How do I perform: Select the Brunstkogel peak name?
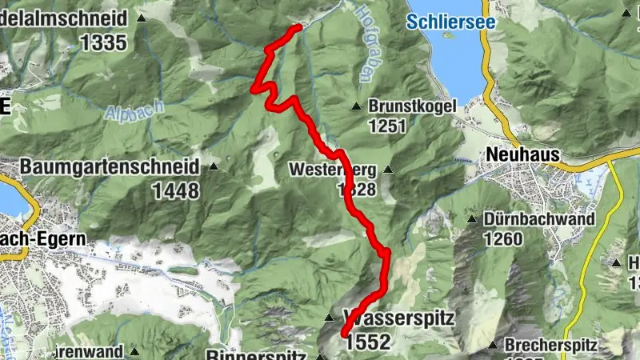point(412,106)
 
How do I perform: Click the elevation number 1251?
point(388,126)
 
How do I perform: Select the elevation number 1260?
point(502,238)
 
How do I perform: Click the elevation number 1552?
point(369,342)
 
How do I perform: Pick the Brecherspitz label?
point(552,346)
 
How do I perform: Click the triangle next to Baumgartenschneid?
point(214,167)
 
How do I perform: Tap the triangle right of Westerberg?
point(388,170)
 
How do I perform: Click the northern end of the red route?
point(298,27)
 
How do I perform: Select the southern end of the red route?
point(344,334)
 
